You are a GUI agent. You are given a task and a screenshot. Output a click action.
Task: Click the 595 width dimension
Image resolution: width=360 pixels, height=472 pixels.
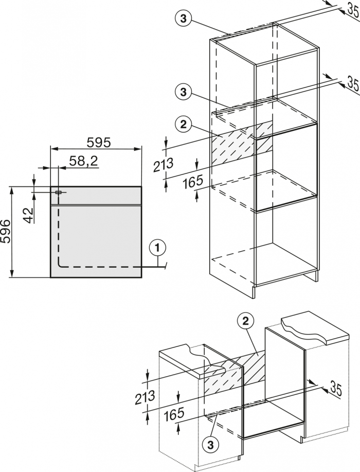click(x=96, y=142)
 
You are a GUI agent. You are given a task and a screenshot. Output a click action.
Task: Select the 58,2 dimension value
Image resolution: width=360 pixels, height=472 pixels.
click(x=84, y=161)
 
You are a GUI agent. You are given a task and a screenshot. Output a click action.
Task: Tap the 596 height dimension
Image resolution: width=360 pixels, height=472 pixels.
click(x=6, y=233)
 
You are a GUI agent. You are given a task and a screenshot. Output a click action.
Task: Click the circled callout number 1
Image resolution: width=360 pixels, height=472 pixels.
click(x=158, y=247)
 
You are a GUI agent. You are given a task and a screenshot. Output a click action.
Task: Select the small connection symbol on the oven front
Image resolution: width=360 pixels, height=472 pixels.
click(x=58, y=192)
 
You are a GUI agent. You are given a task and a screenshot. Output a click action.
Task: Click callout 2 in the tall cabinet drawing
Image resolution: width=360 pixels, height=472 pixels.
click(x=183, y=124)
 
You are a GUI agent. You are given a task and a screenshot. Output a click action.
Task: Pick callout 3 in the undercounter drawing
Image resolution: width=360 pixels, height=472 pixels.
click(x=210, y=443)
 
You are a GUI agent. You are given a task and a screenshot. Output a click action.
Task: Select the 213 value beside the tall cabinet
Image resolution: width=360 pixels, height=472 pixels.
click(x=164, y=165)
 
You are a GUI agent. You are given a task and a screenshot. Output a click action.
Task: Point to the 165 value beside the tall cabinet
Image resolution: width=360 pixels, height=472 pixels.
click(x=193, y=181)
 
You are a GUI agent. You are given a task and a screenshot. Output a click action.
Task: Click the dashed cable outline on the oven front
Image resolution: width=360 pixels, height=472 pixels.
click(x=98, y=267)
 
